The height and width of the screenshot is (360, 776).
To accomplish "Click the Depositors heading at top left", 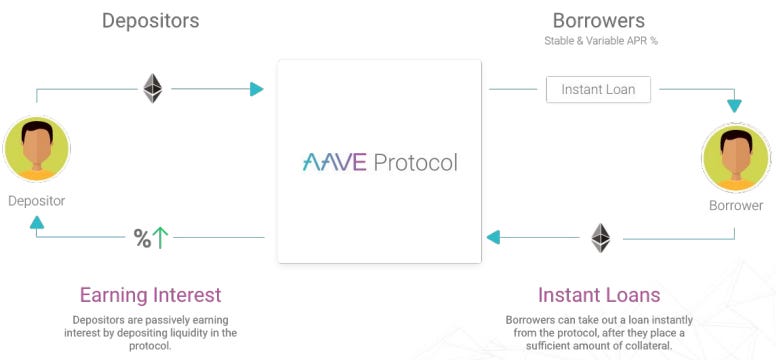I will coord(150,20).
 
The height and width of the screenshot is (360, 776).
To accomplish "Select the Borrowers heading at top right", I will coord(598,20).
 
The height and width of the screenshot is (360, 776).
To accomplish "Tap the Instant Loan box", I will coord(598,89).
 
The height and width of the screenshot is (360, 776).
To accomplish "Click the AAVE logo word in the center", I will coord(334,162).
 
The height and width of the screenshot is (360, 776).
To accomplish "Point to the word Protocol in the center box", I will coord(416,162).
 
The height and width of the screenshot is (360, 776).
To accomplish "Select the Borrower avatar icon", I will coord(735,161).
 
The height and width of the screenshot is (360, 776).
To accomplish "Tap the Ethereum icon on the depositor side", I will coord(152,88).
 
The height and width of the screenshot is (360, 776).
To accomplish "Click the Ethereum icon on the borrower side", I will coord(600,237).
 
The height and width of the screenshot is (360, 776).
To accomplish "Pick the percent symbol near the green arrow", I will coord(142,238).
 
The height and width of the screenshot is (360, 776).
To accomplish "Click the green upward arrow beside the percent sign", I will coord(160,237).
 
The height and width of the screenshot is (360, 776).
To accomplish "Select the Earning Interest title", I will coord(150,295).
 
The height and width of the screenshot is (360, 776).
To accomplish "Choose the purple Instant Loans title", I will coord(598,295).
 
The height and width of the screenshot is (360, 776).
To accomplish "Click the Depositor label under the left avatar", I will coord(37,201).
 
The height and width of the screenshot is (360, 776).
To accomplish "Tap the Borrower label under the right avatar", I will coord(735,205).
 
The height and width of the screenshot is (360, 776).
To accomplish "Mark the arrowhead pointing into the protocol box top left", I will coord(257,89).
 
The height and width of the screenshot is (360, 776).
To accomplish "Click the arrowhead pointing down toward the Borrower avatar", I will coord(735,105).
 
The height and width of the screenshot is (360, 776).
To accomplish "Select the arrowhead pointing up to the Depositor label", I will coord(37,222).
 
